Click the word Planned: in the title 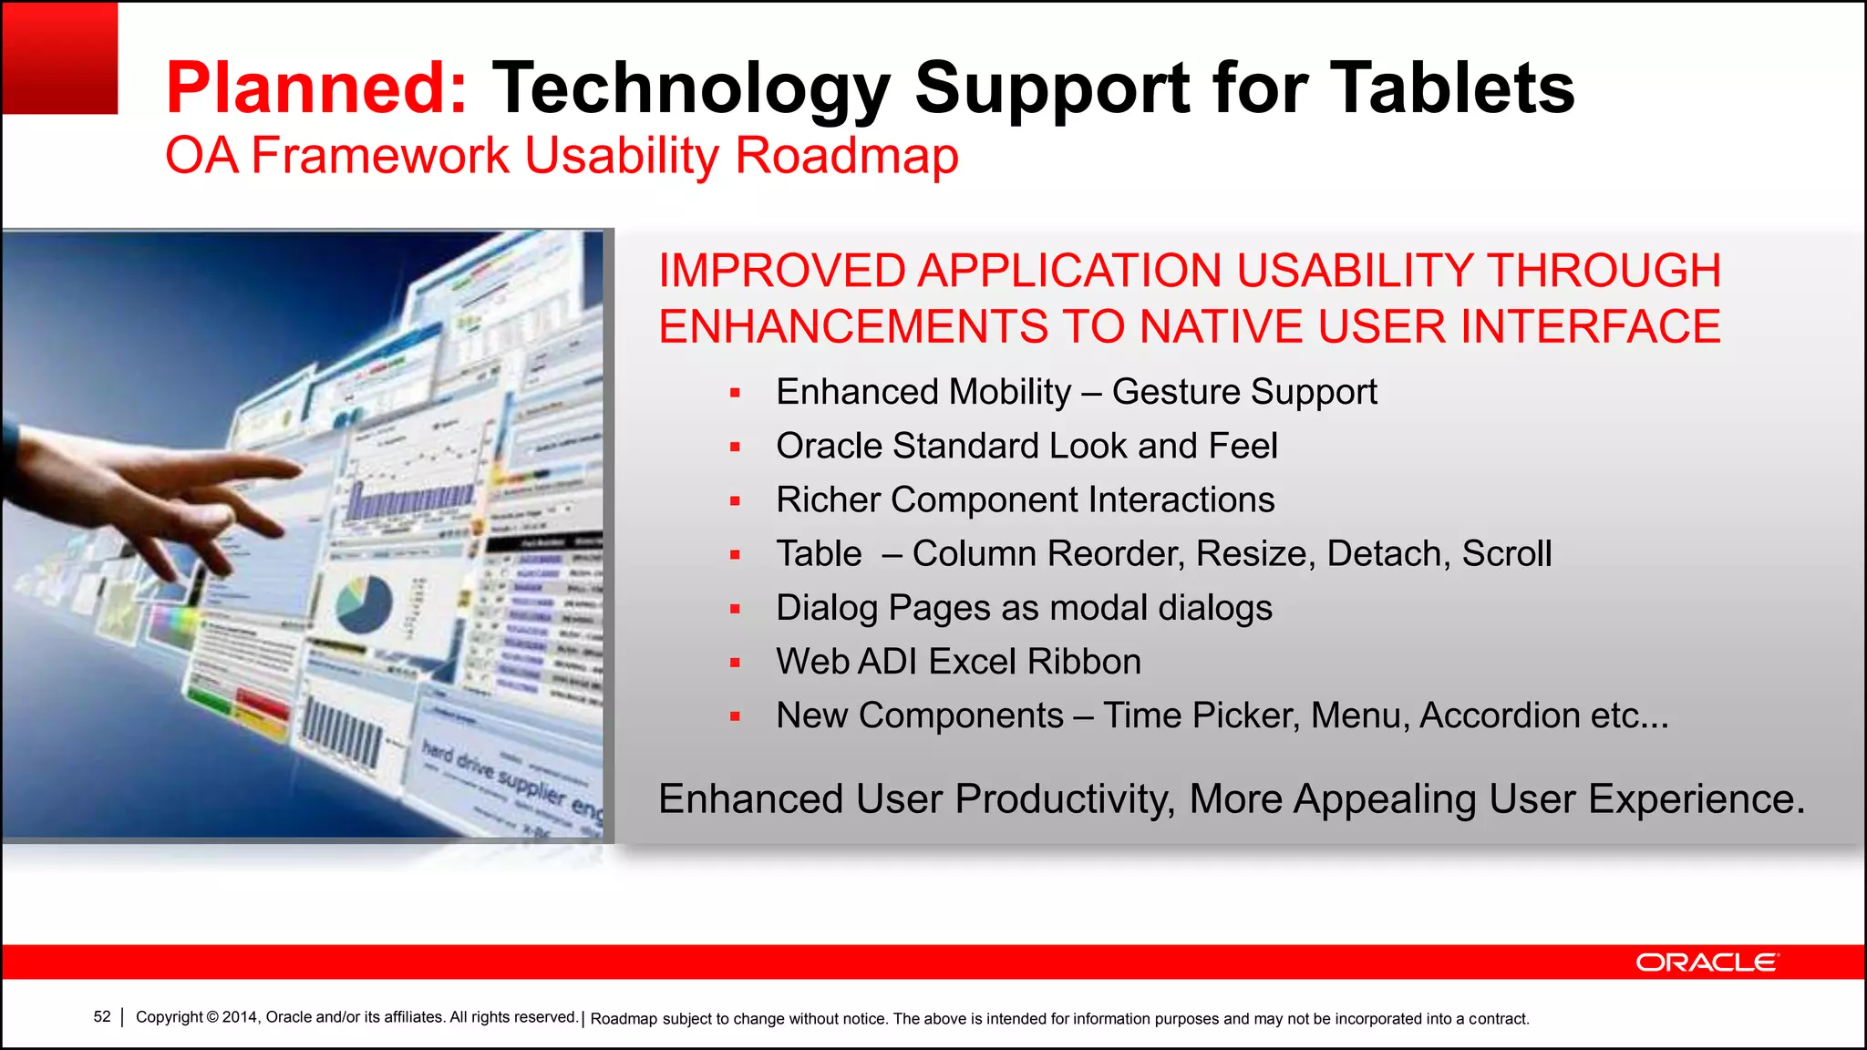point(316,88)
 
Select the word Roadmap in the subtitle point(846,155)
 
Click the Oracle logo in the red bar point(1706,962)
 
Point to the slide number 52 point(102,1017)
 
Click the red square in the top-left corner point(60,58)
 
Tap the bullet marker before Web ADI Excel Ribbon point(735,663)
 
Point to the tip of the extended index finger point(298,470)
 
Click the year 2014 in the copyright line point(240,1017)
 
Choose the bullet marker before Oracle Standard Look point(735,447)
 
